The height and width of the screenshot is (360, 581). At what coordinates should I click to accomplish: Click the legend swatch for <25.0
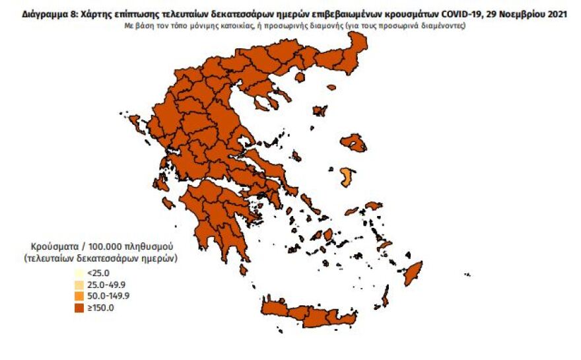[x=79, y=273]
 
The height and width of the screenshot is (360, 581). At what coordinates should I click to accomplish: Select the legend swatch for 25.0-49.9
[x=79, y=284]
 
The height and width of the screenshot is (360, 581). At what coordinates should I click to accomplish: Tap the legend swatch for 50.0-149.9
[x=79, y=295]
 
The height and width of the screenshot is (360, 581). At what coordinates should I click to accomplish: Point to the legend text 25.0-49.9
[x=105, y=284]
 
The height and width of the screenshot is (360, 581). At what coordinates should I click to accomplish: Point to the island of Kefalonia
[x=160, y=183]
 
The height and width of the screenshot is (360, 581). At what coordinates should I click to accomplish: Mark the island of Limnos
[x=320, y=111]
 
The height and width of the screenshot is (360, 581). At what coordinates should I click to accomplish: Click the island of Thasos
[x=299, y=77]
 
